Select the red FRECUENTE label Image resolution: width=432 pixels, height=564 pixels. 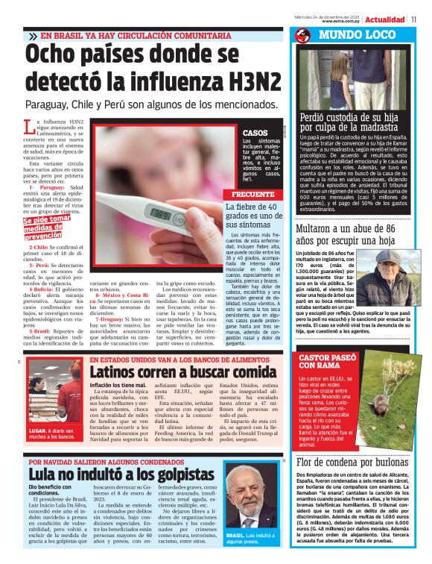tap(238, 195)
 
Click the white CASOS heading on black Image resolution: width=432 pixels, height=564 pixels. tap(255, 133)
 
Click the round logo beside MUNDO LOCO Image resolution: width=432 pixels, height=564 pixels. tap(302, 36)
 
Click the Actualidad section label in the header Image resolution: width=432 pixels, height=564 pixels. tap(388, 19)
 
